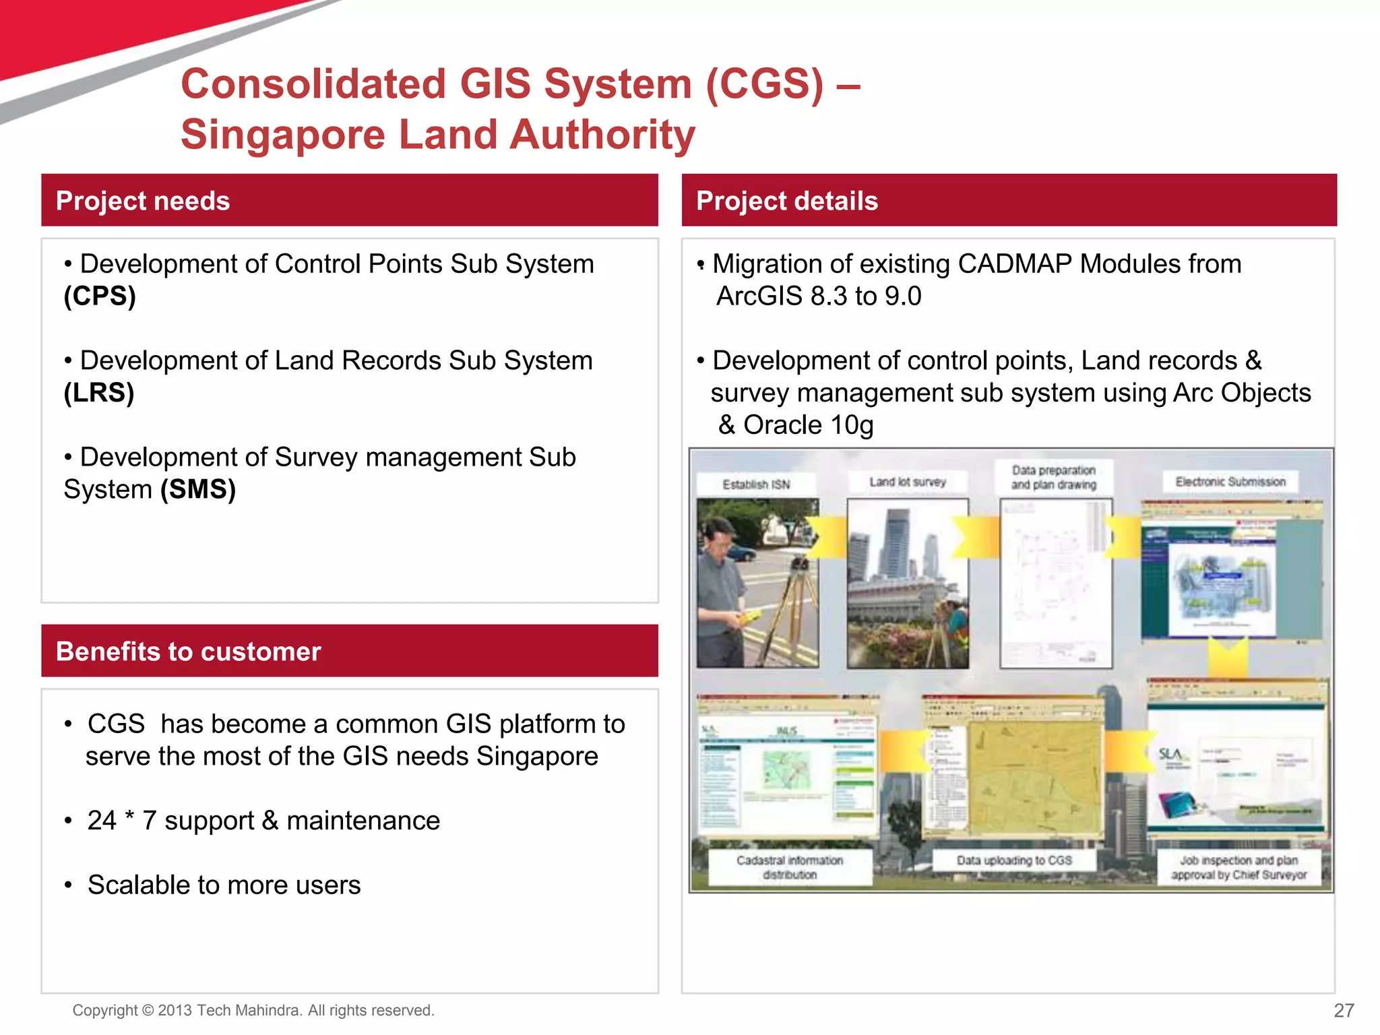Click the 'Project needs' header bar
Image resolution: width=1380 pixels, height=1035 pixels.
tap(349, 200)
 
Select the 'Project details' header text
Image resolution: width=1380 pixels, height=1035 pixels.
tap(786, 201)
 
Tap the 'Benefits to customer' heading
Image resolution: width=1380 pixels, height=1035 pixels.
tap(188, 652)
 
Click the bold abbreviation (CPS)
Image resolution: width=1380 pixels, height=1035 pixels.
tap(100, 296)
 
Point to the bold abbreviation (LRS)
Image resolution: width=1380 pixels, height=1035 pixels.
tap(99, 393)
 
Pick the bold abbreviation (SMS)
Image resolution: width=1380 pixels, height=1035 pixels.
tap(198, 489)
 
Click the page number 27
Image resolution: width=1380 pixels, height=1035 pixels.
tap(1344, 1010)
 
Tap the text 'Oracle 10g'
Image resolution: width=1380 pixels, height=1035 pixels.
tap(808, 425)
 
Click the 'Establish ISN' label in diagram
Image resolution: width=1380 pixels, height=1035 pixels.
tap(756, 484)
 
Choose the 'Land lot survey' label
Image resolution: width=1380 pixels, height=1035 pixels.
tap(907, 482)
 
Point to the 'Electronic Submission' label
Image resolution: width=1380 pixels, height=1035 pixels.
tap(1230, 482)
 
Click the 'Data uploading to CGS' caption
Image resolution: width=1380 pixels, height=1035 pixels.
tap(1013, 860)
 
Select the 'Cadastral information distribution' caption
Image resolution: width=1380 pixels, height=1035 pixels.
tap(789, 867)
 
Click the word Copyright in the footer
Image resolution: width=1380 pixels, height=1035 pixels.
tap(104, 1010)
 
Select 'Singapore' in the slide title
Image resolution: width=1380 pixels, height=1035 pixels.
tap(283, 134)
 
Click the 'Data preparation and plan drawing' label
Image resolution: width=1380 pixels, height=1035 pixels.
tap(1053, 477)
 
